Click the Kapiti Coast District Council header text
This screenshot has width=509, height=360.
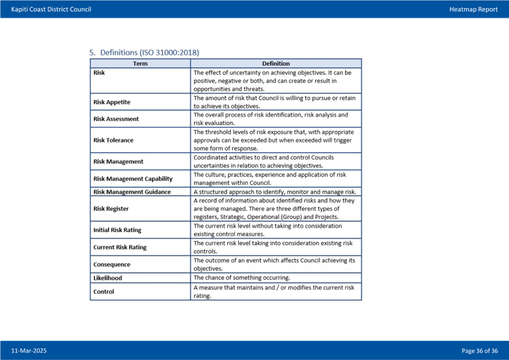pos(51,9)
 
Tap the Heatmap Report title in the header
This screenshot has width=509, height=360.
pos(473,9)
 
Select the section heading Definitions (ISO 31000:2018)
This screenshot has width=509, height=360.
pos(144,52)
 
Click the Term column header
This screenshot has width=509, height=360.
pos(140,64)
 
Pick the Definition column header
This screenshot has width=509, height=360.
pos(276,64)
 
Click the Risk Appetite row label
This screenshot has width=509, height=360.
pos(112,102)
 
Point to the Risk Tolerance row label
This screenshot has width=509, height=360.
pos(113,140)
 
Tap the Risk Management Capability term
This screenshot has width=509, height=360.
pos(133,179)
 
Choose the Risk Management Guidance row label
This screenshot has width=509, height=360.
pos(132,192)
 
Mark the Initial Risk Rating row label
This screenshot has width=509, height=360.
pos(117,230)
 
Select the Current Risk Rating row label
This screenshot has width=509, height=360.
pos(120,247)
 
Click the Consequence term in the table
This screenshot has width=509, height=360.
pos(112,265)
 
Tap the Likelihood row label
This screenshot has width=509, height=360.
pos(108,278)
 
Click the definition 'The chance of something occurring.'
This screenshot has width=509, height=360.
pos(242,278)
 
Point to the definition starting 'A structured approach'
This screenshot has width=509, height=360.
pos(274,192)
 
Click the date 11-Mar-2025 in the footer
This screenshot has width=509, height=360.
pos(29,351)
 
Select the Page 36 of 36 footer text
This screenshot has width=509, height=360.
pos(480,351)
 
